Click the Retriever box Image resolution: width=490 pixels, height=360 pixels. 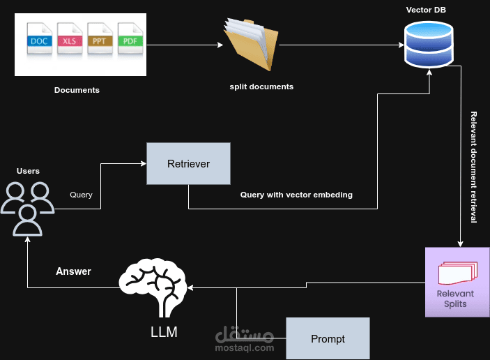(x=188, y=164)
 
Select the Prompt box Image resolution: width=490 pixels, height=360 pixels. (x=328, y=338)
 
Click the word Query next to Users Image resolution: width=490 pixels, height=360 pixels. (x=81, y=195)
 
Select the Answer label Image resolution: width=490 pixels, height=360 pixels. (x=73, y=271)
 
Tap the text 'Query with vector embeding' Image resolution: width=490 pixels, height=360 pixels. (x=296, y=195)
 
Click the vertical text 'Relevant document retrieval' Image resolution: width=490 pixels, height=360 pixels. (x=474, y=167)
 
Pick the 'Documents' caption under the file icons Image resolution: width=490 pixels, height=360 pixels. (x=77, y=90)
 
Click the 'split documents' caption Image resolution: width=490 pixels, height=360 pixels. (x=261, y=87)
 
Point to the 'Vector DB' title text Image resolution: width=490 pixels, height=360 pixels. (x=427, y=9)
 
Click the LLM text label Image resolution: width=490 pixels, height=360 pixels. (x=164, y=332)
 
